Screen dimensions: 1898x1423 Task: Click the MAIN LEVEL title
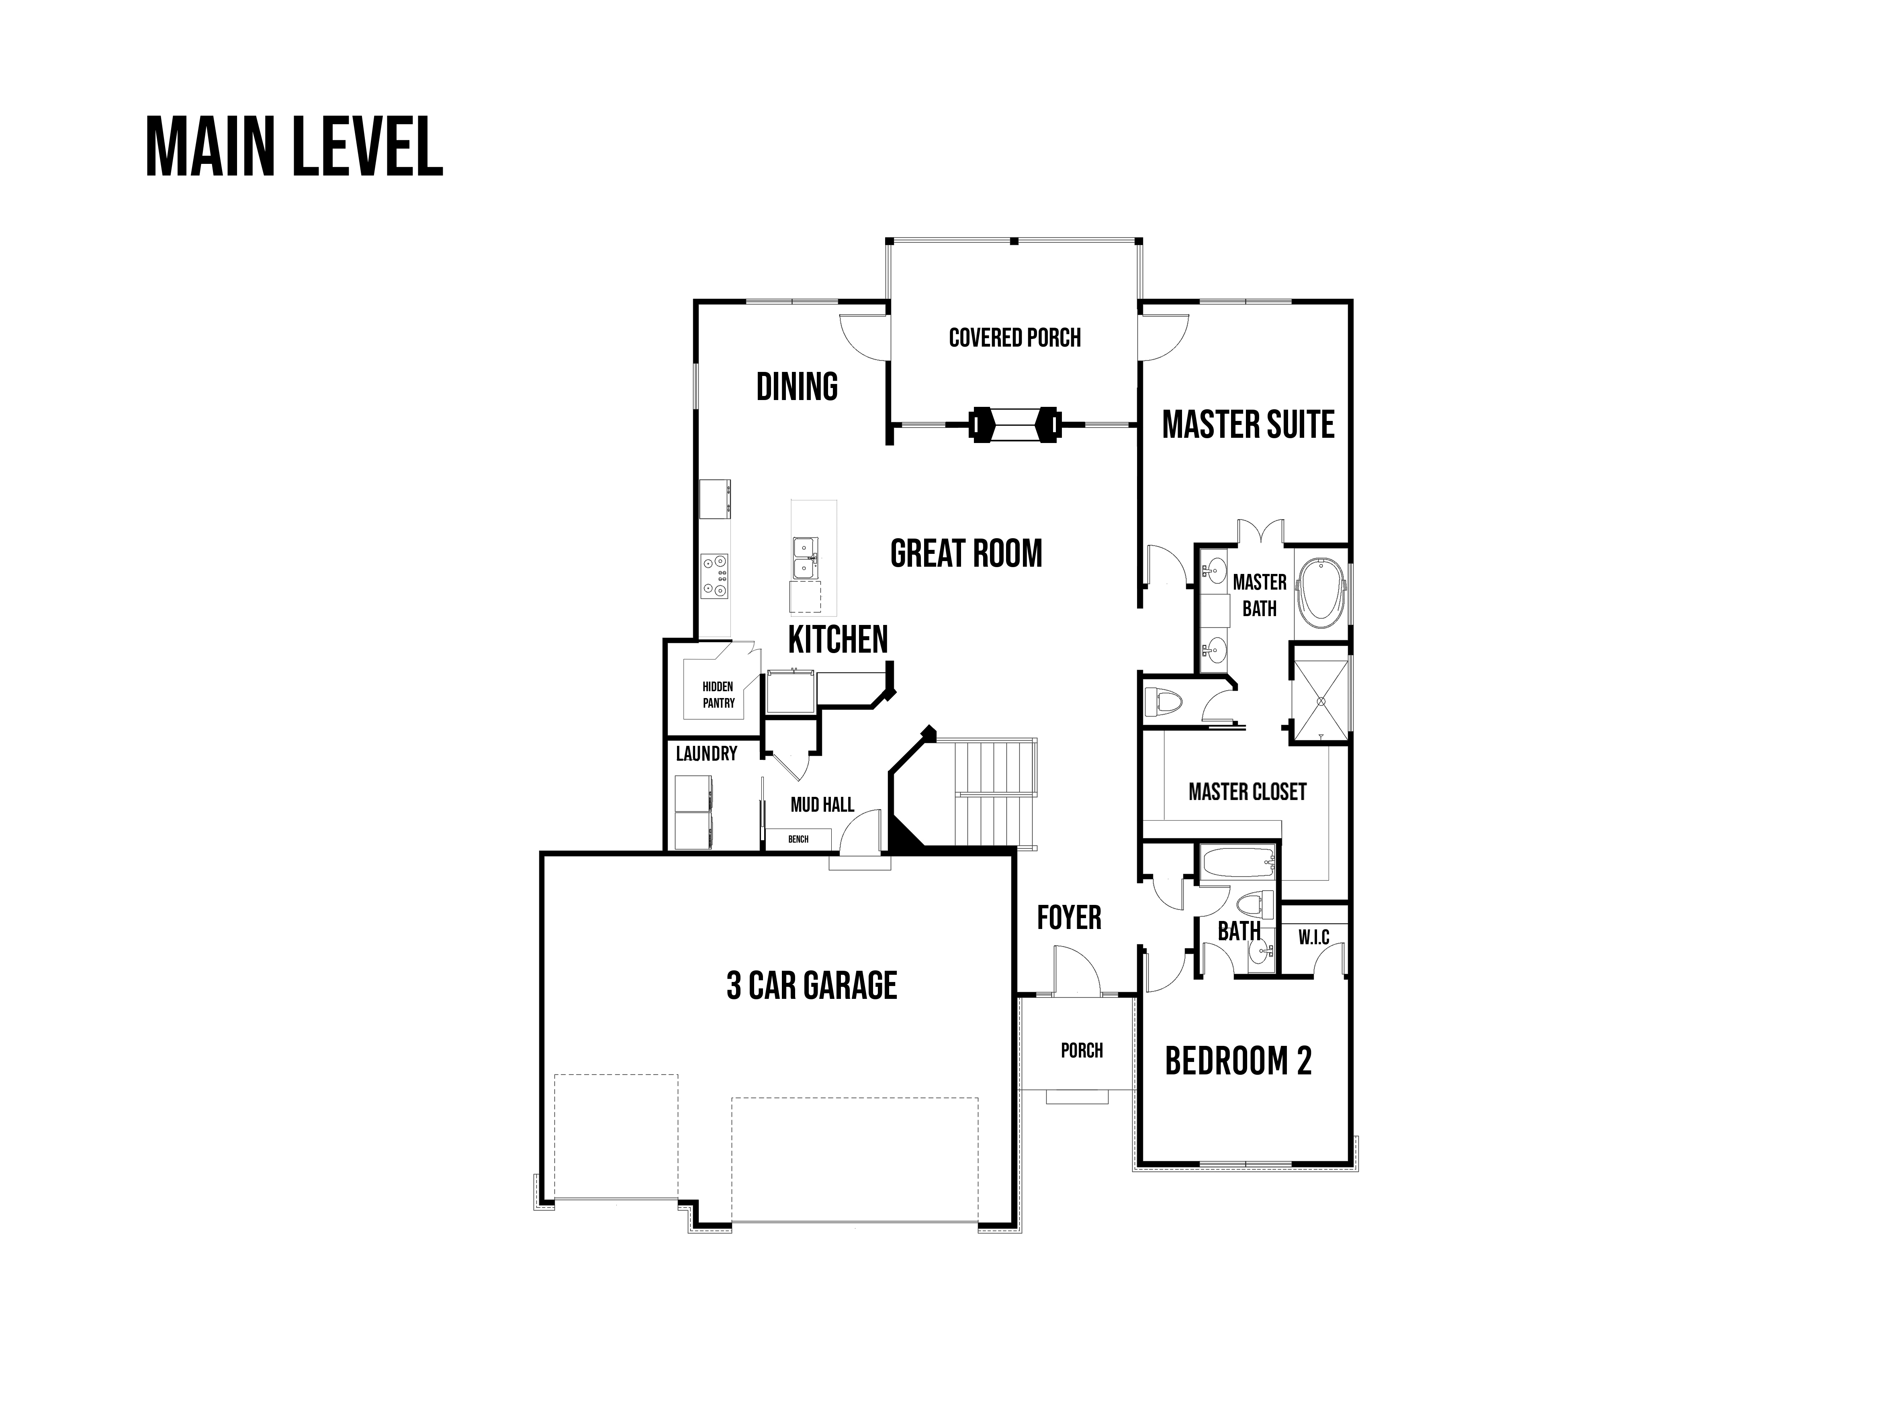pos(295,147)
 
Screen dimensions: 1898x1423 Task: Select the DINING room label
pos(797,387)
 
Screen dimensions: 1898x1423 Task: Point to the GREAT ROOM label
pos(966,553)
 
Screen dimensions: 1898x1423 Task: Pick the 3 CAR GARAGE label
pos(812,986)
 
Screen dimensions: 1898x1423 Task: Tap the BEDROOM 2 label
pos(1238,1061)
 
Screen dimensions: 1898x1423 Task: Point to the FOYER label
pos(1069,918)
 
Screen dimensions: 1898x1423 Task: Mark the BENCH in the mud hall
pos(798,839)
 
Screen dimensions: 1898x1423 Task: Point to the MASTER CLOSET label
pos(1248,792)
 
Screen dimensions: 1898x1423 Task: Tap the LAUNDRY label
pos(706,754)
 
